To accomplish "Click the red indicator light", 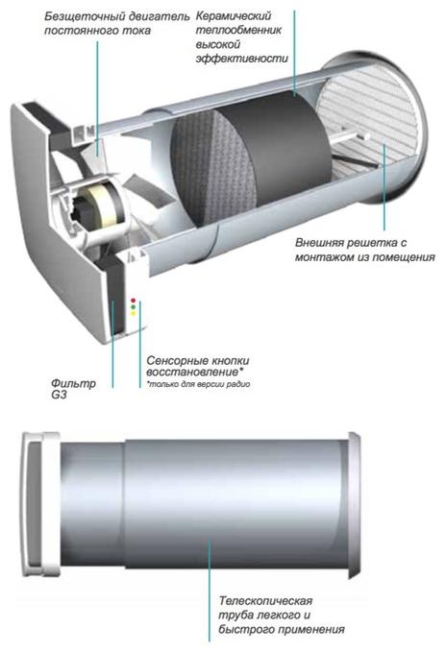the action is (x=134, y=300).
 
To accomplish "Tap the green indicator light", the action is (x=134, y=307).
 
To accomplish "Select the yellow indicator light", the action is (x=134, y=314).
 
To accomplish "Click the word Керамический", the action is (x=234, y=16).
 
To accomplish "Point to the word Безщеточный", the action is (x=79, y=16).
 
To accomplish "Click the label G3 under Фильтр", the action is (x=59, y=395).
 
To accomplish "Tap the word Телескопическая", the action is (x=265, y=601).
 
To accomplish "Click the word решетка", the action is (x=368, y=242).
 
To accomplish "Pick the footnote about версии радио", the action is (x=198, y=384).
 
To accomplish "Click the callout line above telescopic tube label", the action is (x=210, y=591).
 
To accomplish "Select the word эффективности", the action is (x=241, y=59).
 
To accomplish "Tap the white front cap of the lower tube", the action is (x=40, y=504).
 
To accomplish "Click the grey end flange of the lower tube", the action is (x=353, y=505).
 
